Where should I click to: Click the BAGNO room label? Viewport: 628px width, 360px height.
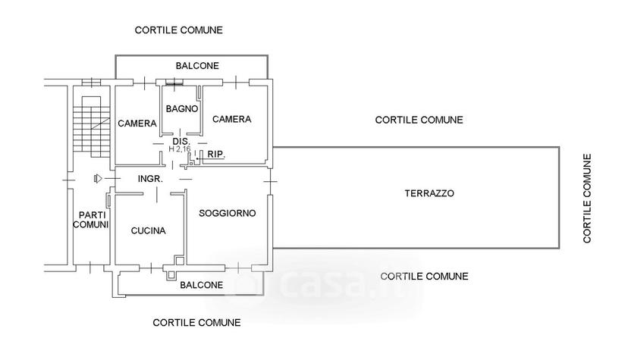click(x=182, y=108)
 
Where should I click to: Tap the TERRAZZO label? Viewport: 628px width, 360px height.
click(x=429, y=193)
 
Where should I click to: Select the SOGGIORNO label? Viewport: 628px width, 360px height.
click(x=227, y=213)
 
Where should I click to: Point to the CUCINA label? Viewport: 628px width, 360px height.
click(x=148, y=231)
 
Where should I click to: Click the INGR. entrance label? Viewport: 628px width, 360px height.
click(x=150, y=179)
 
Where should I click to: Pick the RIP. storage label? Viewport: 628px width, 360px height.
click(x=216, y=154)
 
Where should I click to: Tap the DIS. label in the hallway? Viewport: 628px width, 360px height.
click(x=181, y=141)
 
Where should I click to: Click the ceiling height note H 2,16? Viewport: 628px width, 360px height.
click(x=180, y=149)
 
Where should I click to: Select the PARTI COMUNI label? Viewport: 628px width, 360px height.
click(x=91, y=220)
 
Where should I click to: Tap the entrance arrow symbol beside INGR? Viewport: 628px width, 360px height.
click(x=98, y=179)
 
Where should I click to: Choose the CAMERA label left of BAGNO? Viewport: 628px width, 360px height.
click(x=137, y=124)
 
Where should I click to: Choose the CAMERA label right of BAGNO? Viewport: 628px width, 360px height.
click(x=232, y=119)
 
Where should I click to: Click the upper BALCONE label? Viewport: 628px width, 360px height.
click(x=197, y=66)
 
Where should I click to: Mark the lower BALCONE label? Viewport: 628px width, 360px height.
click(x=202, y=285)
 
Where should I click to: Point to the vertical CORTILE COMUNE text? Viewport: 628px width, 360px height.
click(x=587, y=199)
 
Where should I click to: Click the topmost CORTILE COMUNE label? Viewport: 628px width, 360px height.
click(x=179, y=30)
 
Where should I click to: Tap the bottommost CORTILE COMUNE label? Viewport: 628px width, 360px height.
click(x=196, y=323)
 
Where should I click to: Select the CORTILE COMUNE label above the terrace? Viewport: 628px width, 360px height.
click(x=419, y=120)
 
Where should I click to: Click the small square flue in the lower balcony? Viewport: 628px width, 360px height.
click(x=171, y=275)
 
